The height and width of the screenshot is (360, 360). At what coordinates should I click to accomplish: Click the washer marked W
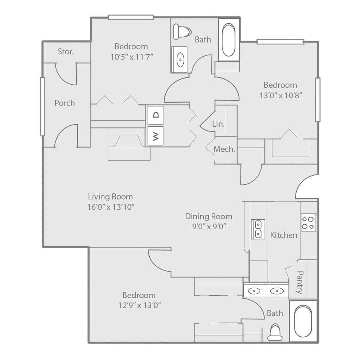click(156, 136)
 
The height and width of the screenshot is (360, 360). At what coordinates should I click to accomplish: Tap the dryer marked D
click(156, 115)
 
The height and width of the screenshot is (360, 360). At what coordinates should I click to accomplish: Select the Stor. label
click(66, 51)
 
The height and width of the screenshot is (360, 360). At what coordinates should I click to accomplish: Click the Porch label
click(65, 103)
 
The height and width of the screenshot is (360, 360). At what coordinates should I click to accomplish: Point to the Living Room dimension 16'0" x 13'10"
click(111, 207)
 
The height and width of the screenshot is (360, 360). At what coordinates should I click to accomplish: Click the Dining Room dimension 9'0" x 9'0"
click(208, 226)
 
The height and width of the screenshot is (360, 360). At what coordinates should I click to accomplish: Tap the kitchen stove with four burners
click(309, 222)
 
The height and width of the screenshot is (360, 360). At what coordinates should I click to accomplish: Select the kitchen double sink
click(258, 229)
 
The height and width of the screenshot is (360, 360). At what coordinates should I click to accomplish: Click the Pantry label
click(300, 282)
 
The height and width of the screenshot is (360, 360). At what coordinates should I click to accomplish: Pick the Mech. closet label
click(225, 149)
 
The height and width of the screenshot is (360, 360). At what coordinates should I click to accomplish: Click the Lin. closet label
click(218, 124)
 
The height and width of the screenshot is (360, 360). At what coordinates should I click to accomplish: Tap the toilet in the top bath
click(181, 31)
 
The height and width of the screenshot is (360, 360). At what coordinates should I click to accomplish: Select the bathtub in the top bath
click(229, 40)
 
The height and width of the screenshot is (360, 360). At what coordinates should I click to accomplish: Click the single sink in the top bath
click(179, 59)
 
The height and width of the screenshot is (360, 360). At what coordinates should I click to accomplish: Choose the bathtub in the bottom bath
click(303, 321)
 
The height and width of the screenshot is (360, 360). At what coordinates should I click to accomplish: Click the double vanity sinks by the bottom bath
click(266, 290)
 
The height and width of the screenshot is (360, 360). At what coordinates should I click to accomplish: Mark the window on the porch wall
click(42, 107)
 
